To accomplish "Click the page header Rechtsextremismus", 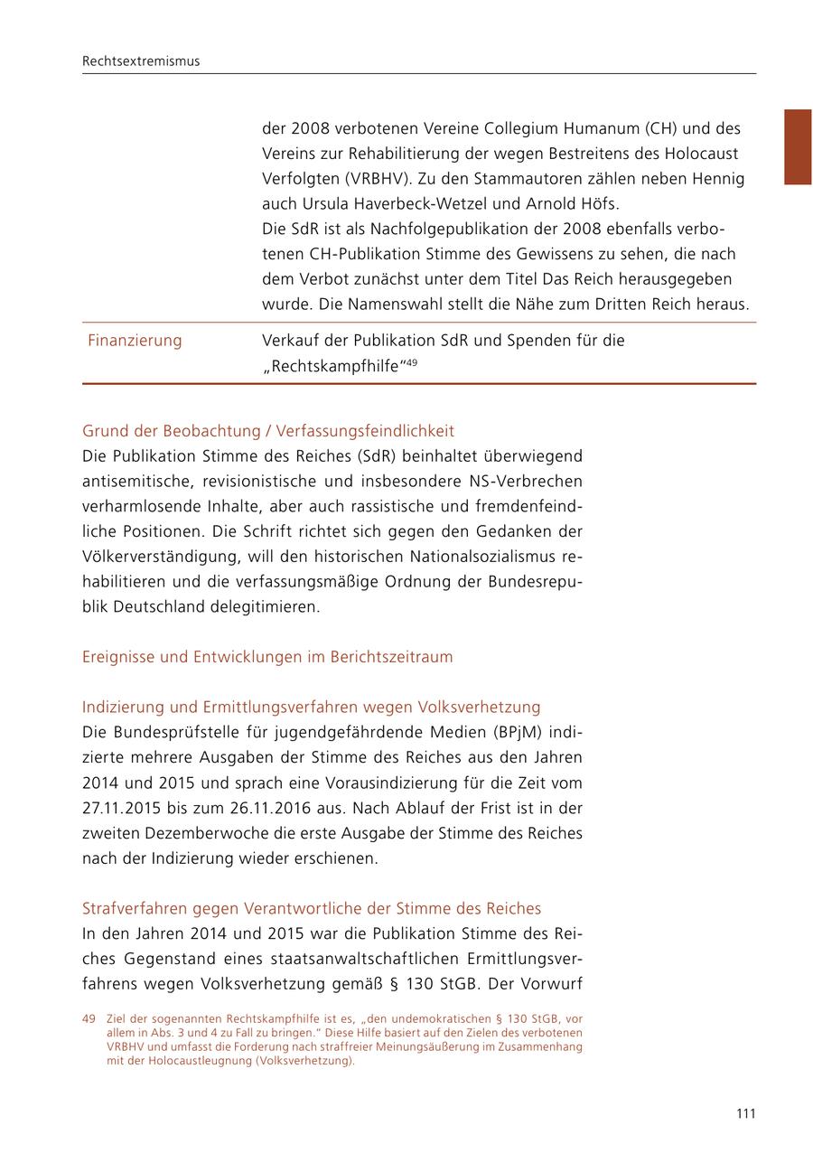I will click(x=141, y=61).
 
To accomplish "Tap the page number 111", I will click(x=745, y=1114).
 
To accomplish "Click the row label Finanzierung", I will click(x=135, y=341).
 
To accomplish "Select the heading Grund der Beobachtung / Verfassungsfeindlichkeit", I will click(x=268, y=431).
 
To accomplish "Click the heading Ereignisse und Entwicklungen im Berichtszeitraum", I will click(x=267, y=657).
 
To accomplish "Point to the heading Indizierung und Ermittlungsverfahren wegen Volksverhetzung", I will click(x=311, y=707).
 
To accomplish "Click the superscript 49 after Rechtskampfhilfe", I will click(x=411, y=363).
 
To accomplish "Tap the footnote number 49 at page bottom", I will click(x=89, y=1019).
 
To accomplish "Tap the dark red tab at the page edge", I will click(x=798, y=146).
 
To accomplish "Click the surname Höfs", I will click(x=600, y=204).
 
